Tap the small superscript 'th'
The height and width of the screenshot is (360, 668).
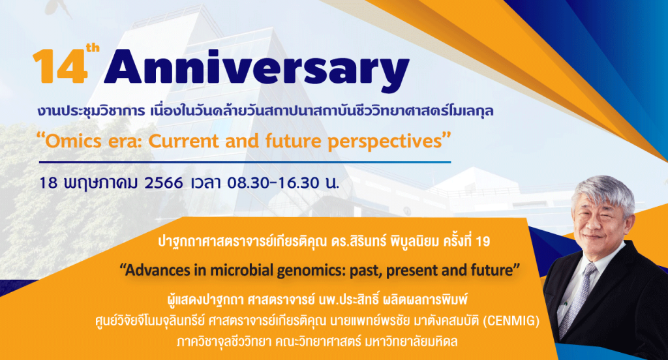[x=93, y=48]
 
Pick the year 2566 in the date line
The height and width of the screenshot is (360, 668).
[x=164, y=183]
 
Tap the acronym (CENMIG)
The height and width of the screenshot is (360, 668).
[x=511, y=320]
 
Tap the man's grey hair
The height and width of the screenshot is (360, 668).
[x=603, y=192]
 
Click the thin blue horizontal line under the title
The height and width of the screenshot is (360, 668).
[x=245, y=162]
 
